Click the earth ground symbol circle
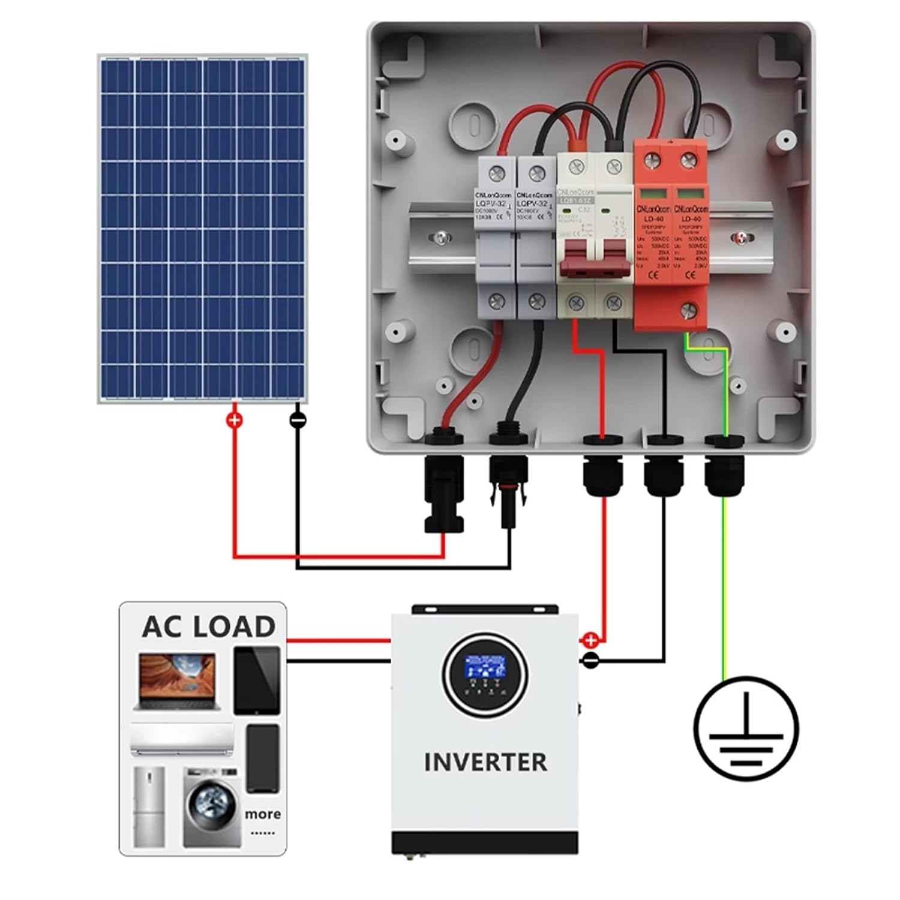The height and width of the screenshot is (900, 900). (746, 728)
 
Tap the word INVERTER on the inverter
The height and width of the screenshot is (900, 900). (485, 763)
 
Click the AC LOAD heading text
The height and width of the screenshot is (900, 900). (208, 627)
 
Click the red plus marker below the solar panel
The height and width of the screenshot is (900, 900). (235, 420)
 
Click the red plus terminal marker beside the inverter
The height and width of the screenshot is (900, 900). (590, 640)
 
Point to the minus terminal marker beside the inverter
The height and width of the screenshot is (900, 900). (590, 661)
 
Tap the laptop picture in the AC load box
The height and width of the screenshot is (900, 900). (177, 682)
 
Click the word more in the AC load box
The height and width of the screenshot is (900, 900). (263, 814)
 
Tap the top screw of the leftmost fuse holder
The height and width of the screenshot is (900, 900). (496, 175)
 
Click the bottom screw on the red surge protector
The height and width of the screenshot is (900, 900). (689, 310)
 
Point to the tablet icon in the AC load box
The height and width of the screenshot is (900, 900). (257, 680)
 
